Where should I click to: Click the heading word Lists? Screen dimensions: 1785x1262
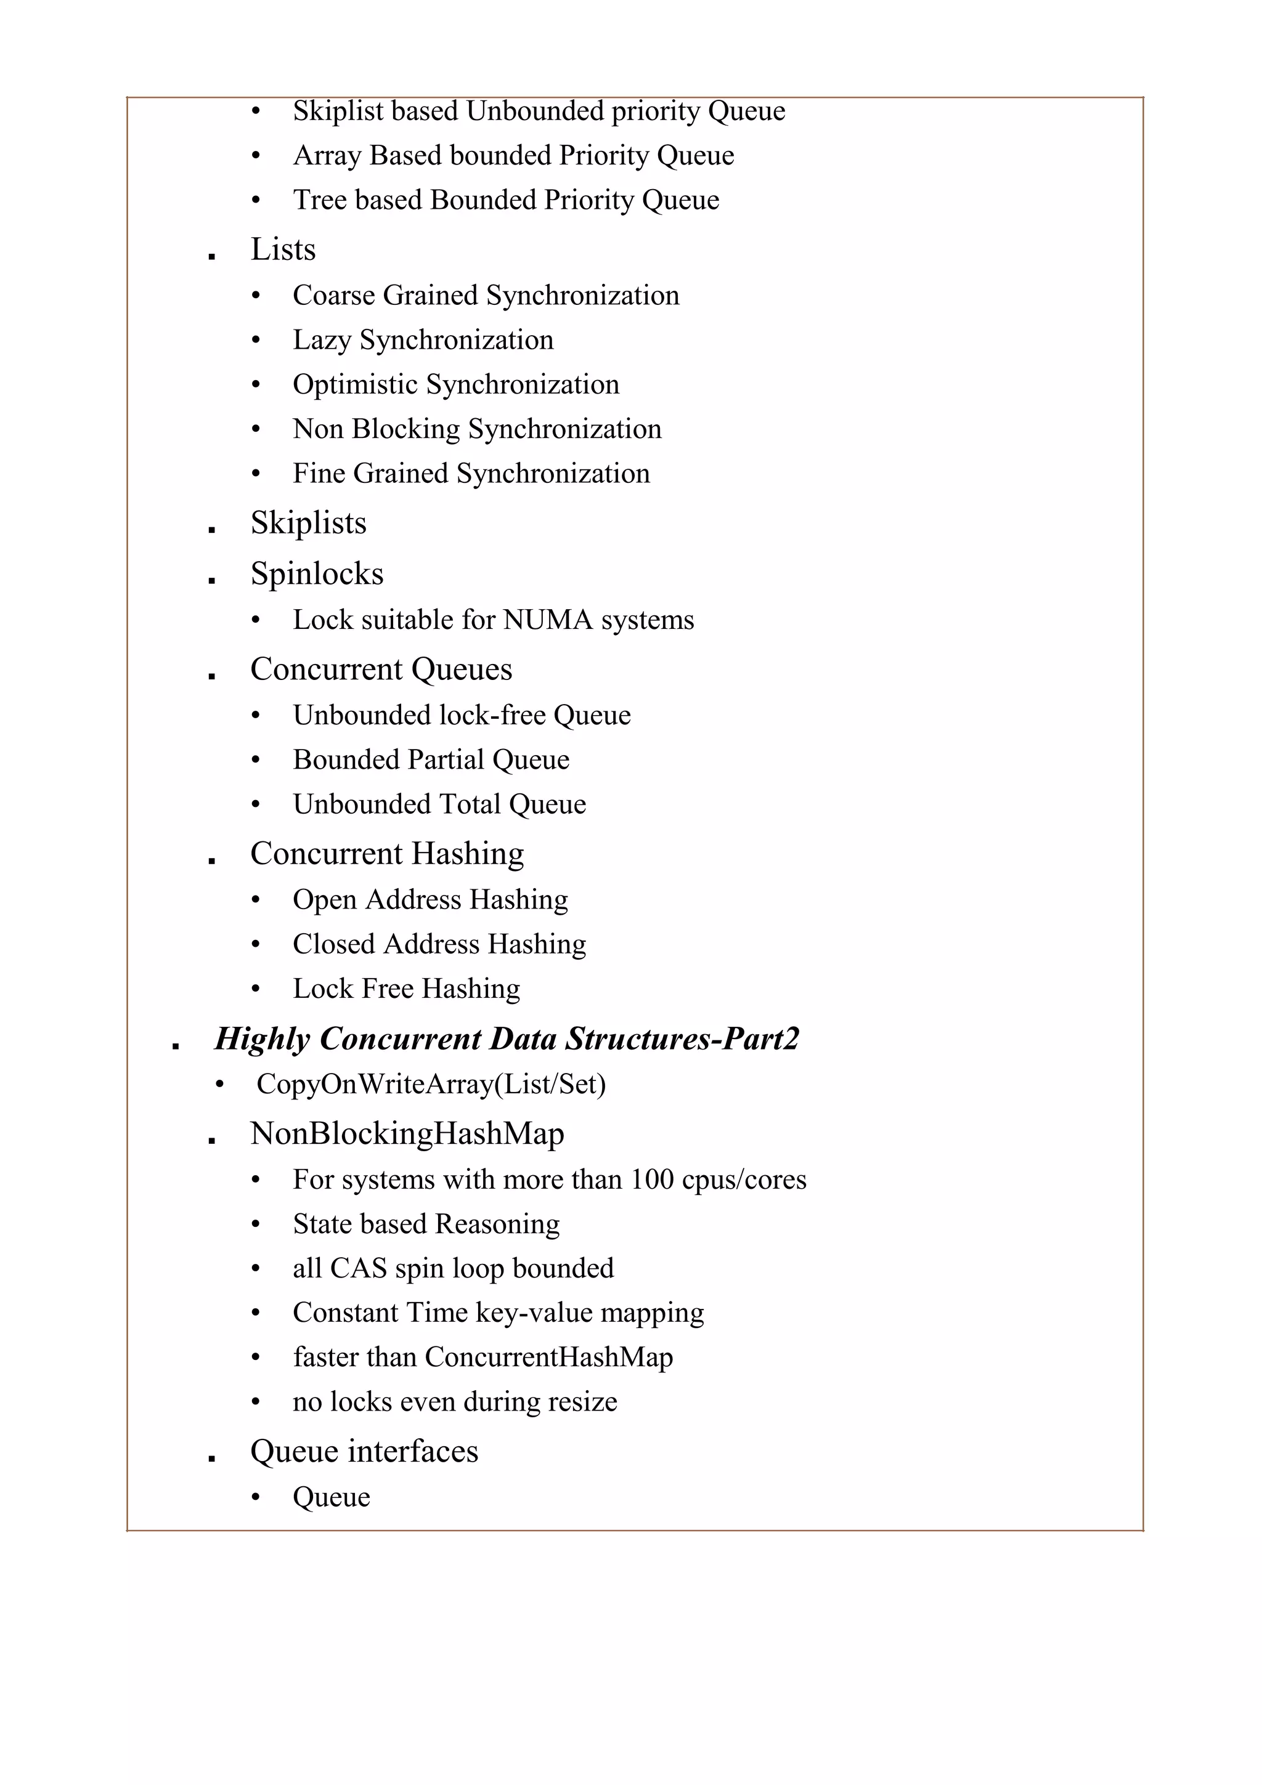(x=282, y=249)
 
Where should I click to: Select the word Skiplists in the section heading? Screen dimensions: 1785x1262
(x=308, y=523)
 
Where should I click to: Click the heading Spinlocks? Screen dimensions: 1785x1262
(x=317, y=574)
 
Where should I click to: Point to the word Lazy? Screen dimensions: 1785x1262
(x=321, y=341)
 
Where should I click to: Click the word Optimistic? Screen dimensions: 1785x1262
(x=356, y=385)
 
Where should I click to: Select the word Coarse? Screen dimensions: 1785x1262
(x=332, y=296)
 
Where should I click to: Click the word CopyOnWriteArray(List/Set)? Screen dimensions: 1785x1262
(x=431, y=1084)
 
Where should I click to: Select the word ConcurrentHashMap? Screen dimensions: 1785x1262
(x=548, y=1357)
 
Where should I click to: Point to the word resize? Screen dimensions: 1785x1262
(x=582, y=1402)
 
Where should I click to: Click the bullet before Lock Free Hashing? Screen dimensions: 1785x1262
(x=256, y=989)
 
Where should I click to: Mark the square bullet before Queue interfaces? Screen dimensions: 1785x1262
(x=211, y=1459)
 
